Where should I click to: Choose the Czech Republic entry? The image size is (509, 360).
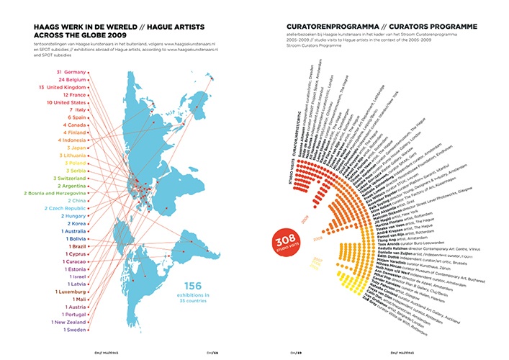[66, 208]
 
